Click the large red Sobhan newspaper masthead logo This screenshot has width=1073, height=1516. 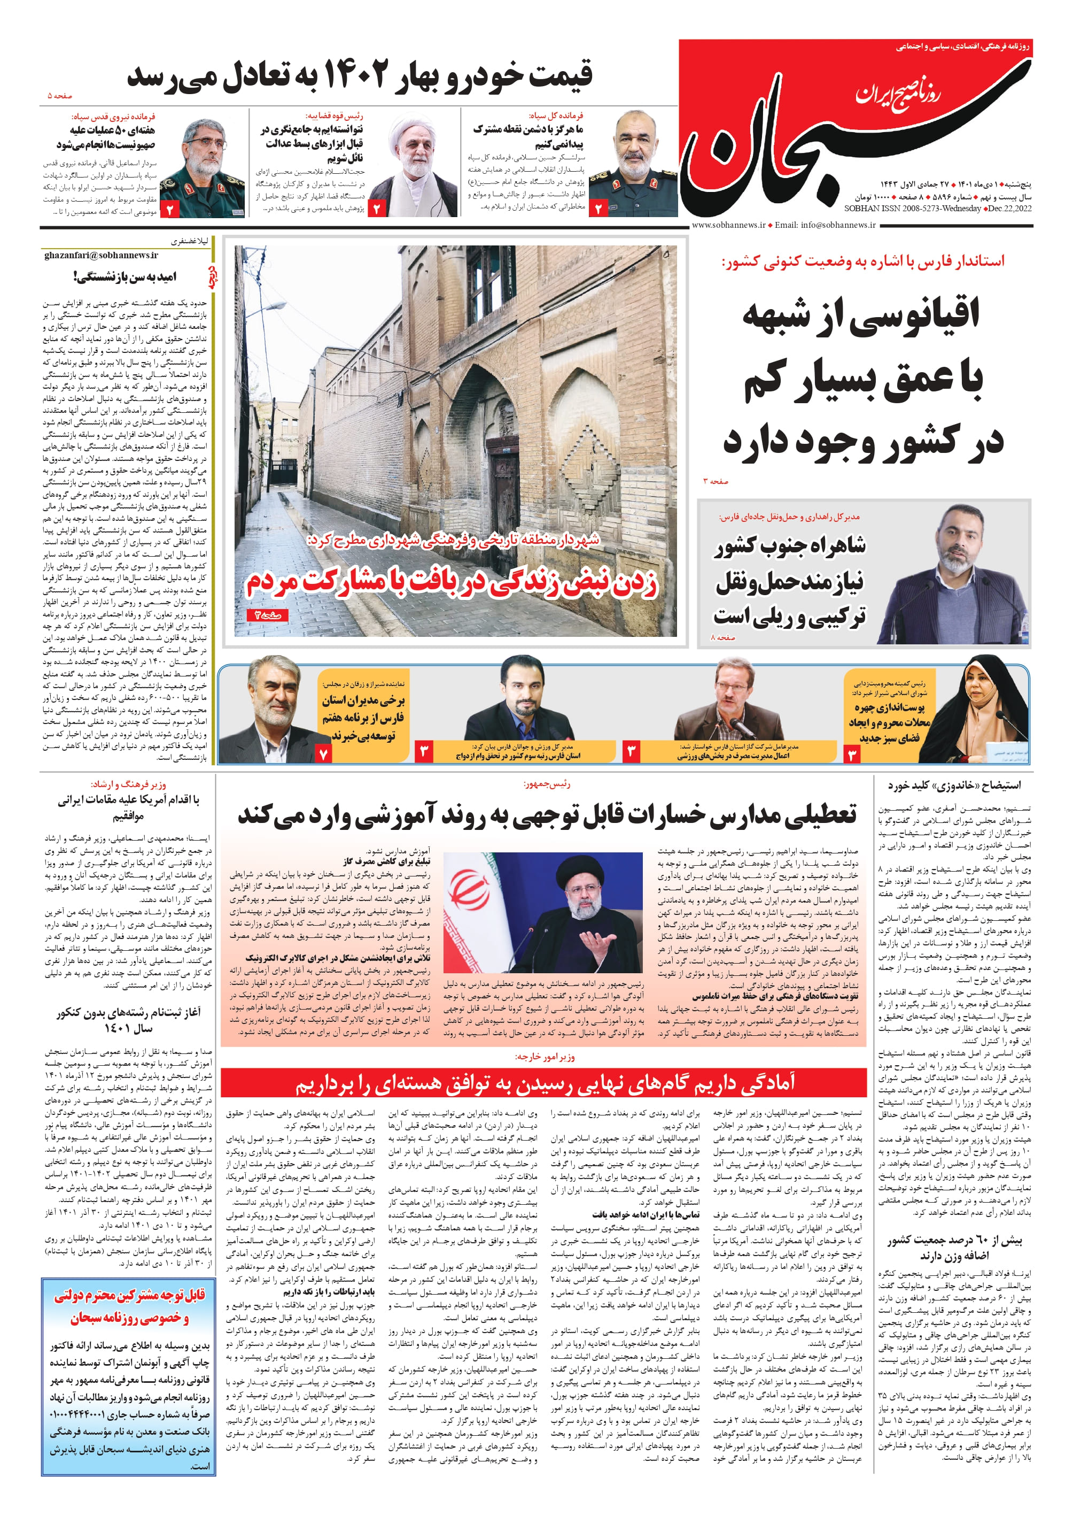(x=780, y=145)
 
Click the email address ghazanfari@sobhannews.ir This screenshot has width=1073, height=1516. (x=101, y=255)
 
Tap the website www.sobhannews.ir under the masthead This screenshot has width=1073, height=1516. (x=728, y=225)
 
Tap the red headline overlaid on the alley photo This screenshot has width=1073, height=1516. (x=452, y=582)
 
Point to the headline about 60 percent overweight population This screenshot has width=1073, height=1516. (x=955, y=1247)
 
